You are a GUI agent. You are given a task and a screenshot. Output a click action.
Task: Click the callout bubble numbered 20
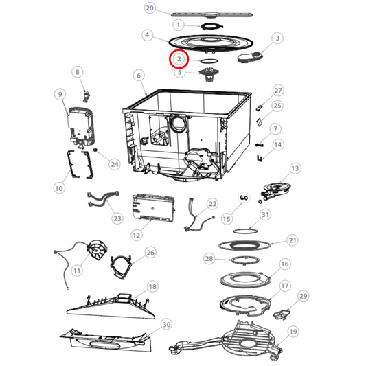[x=150, y=8]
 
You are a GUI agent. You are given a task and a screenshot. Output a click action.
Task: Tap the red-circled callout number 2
[x=179, y=60]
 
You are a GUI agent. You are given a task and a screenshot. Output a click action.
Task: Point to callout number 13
[x=295, y=169]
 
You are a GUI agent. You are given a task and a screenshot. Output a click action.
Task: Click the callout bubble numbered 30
[x=165, y=323]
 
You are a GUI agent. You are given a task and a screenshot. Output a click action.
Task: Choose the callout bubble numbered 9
[x=60, y=94]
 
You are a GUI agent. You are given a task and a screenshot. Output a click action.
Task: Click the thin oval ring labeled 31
[x=246, y=231]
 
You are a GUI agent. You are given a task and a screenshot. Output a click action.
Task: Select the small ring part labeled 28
[x=238, y=260]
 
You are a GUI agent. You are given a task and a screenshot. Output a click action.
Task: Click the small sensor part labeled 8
[x=87, y=92]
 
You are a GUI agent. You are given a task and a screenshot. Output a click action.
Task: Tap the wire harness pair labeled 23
[x=103, y=200]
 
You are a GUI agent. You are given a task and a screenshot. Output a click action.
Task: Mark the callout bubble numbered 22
[x=212, y=204]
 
